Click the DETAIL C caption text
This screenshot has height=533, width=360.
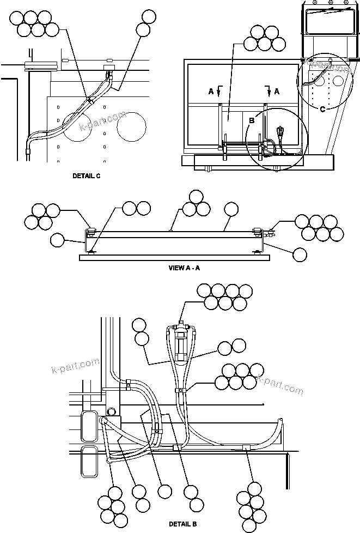87,176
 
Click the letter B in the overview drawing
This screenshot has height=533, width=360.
252,120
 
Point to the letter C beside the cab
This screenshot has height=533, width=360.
322,109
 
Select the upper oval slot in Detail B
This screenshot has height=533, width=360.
88,426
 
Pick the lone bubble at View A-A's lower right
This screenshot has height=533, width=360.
300,253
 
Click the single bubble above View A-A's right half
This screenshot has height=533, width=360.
231,209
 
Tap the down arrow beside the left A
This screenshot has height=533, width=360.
219,90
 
